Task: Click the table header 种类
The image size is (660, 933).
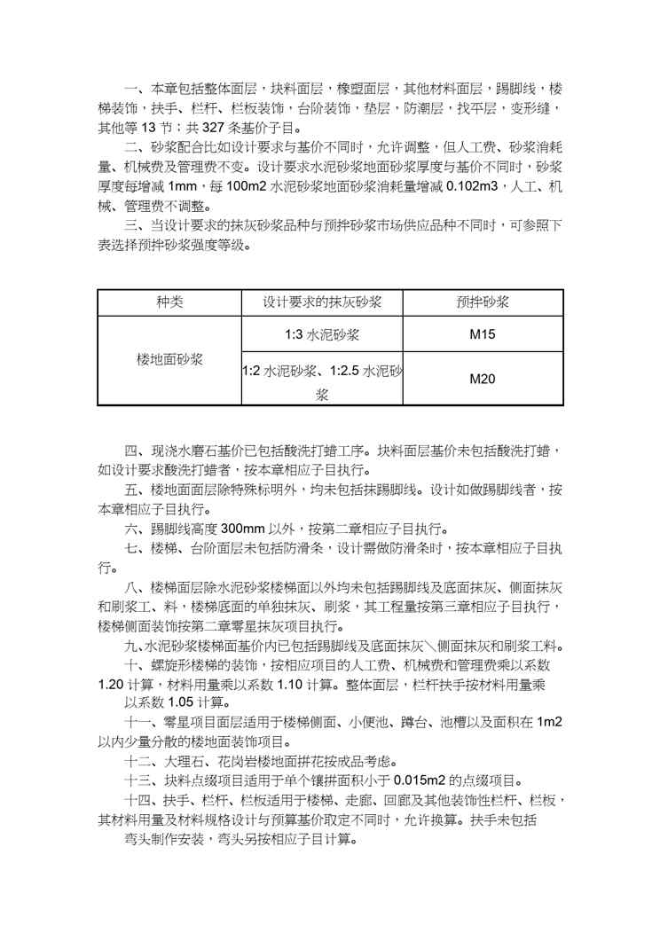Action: point(169,302)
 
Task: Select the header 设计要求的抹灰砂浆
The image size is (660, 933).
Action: point(322,302)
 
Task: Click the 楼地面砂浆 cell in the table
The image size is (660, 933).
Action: point(169,360)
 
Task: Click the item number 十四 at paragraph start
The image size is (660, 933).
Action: point(136,800)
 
